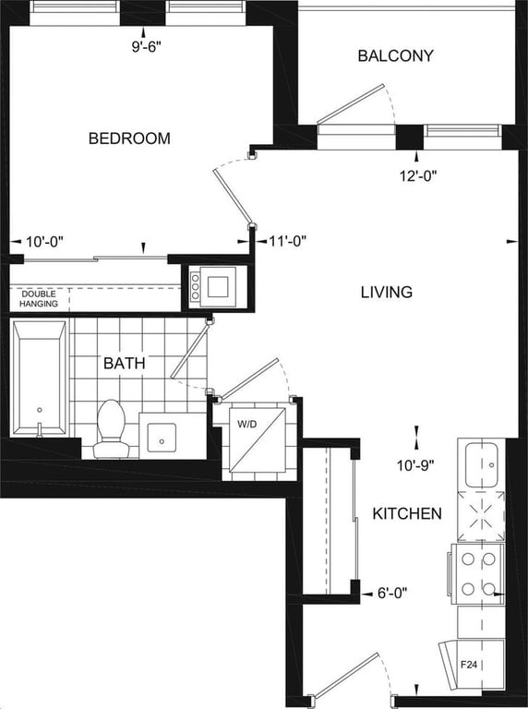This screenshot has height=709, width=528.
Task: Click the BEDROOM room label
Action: click(129, 138)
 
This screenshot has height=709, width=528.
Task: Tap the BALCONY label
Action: click(396, 55)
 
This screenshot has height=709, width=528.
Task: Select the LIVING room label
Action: click(387, 292)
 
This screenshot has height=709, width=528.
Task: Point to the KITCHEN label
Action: click(407, 513)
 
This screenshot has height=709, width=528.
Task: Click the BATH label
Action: click(125, 363)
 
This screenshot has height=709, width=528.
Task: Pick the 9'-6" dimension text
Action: click(147, 47)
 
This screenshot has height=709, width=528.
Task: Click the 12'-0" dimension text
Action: click(418, 175)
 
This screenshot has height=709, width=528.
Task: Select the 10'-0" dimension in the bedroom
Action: click(44, 242)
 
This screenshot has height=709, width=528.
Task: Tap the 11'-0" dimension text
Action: click(287, 241)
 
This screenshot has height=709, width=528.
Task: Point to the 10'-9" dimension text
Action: click(415, 465)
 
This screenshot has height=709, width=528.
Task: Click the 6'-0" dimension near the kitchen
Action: click(392, 593)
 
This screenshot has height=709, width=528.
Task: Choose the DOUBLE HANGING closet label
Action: click(39, 299)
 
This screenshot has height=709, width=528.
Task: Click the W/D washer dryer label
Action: click(246, 424)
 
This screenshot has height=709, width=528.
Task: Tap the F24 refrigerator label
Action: click(469, 665)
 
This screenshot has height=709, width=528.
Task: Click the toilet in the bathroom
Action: click(111, 428)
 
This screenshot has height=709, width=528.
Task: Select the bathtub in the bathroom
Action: click(40, 378)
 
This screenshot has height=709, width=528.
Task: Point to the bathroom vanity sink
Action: click(162, 438)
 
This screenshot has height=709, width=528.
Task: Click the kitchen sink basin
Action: click(482, 465)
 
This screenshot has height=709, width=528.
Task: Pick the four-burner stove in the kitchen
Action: click(478, 574)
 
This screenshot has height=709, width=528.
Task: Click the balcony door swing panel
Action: click(351, 103)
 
